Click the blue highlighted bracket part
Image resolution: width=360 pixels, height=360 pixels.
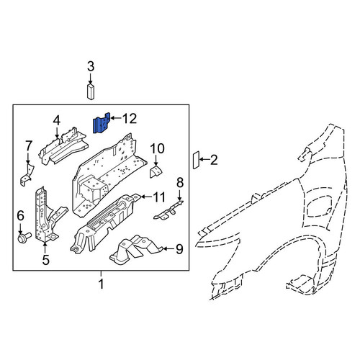[x=101, y=124]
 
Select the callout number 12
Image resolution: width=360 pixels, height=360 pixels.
[x=130, y=119]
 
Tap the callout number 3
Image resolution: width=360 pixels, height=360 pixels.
[x=91, y=66]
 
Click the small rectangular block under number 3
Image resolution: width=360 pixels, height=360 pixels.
[x=90, y=91]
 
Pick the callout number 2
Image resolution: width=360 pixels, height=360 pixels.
[x=214, y=160]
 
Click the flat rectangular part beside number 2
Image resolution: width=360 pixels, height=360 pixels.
[x=196, y=160]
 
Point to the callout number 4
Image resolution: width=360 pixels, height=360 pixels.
[x=57, y=120]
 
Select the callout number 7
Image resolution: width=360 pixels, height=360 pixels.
[x=28, y=145]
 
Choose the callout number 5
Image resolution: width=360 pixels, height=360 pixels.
[x=45, y=260]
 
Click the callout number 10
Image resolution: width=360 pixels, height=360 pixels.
[x=157, y=148]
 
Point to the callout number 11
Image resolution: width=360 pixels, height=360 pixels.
[x=158, y=197]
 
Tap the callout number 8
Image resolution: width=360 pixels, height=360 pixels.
[x=180, y=183]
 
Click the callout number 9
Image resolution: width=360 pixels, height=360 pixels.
[x=179, y=249]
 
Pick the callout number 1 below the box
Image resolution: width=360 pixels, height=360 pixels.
[x=102, y=284]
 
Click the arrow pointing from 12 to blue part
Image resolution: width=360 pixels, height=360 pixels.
[x=116, y=118]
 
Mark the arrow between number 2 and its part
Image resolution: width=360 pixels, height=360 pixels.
[x=204, y=159]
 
